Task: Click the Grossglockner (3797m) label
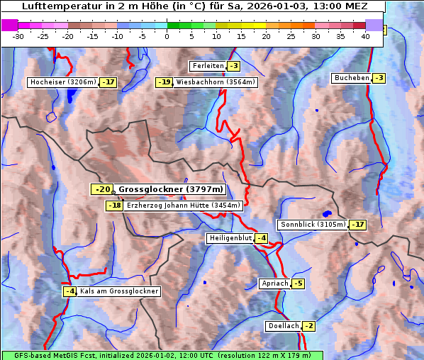pyautogui.click(x=170, y=189)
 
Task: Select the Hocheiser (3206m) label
pyautogui.click(x=62, y=82)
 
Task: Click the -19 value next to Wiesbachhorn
pyautogui.click(x=164, y=82)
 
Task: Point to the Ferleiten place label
pyautogui.click(x=208, y=66)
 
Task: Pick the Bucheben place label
pyautogui.click(x=352, y=77)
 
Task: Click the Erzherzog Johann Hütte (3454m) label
pyautogui.click(x=183, y=206)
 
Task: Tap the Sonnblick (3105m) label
pyautogui.click(x=313, y=225)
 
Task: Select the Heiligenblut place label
pyautogui.click(x=230, y=238)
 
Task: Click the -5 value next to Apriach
pyautogui.click(x=298, y=283)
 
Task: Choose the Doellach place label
pyautogui.click(x=284, y=326)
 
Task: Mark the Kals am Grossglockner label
pyautogui.click(x=118, y=291)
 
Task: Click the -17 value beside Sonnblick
pyautogui.click(x=358, y=225)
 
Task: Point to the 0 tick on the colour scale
pyautogui.click(x=167, y=35)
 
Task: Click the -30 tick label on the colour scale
pyautogui.click(x=19, y=35)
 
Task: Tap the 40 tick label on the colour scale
pyautogui.click(x=364, y=35)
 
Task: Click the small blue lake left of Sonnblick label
pyautogui.click(x=326, y=213)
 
